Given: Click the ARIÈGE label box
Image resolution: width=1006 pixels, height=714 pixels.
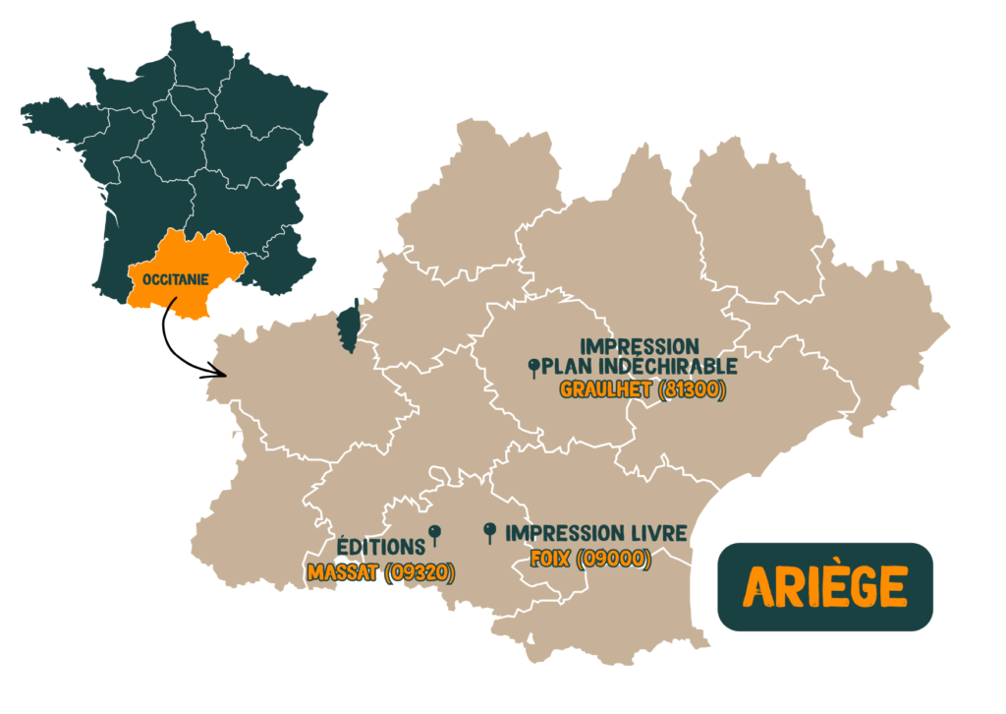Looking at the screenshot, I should (x=824, y=586).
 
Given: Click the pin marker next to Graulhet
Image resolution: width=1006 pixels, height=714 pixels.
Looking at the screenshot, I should (x=533, y=368).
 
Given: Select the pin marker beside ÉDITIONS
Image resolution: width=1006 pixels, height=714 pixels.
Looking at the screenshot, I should (x=435, y=534).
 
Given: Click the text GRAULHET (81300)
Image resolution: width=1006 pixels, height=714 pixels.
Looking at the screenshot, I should (x=642, y=389).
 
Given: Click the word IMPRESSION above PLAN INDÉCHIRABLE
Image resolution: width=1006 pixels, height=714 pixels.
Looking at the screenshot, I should (x=640, y=346).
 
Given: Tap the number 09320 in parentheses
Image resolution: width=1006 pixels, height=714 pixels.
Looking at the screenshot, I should (x=417, y=572).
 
